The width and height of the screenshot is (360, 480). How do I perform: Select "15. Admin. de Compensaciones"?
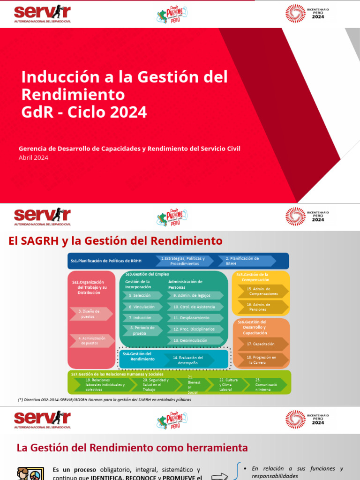point(263,291)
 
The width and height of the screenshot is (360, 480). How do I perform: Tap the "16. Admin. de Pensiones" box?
point(263,307)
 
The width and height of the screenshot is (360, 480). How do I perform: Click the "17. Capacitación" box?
point(262,344)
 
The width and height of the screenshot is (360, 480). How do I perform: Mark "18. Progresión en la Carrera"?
point(262,360)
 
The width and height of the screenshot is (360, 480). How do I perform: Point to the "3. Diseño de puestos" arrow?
point(91,314)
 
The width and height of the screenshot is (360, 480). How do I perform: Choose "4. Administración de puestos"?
point(91,340)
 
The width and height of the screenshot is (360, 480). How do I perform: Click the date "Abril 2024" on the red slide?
point(33,157)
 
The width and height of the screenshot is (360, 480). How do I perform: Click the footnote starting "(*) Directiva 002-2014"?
point(104,400)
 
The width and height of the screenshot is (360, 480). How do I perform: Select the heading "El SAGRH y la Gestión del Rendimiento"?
point(115,241)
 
